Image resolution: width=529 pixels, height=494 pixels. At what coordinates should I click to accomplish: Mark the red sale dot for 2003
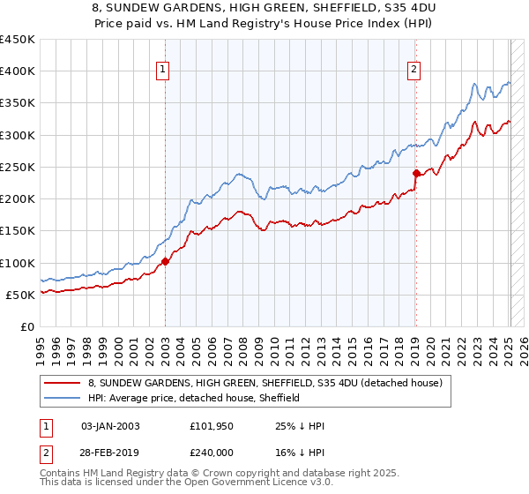coord(165,261)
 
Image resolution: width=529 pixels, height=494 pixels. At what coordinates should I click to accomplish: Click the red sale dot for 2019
coord(416,173)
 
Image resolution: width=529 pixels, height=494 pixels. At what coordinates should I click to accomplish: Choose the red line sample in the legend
coord(62,383)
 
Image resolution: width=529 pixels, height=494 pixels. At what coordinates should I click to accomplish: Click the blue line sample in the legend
coord(62,398)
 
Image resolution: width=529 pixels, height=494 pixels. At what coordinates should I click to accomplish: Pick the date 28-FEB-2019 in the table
coord(110,453)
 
